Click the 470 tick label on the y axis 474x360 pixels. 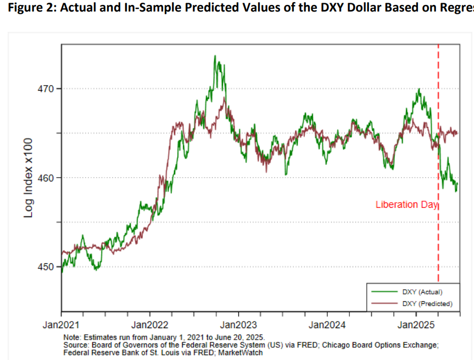pyautogui.click(x=46, y=88)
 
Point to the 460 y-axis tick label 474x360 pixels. pyautogui.click(x=46, y=178)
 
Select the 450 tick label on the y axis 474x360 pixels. pyautogui.click(x=46, y=267)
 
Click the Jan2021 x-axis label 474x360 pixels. pyautogui.click(x=62, y=325)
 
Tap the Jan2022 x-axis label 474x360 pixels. pyautogui.click(x=150, y=325)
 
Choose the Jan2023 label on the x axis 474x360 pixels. pyautogui.click(x=239, y=325)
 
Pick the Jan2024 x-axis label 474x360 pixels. pyautogui.click(x=327, y=325)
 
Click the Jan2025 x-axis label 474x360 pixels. pyautogui.click(x=416, y=325)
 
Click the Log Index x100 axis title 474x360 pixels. pyautogui.click(x=29, y=178)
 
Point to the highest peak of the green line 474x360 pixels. pyautogui.click(x=215, y=56)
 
